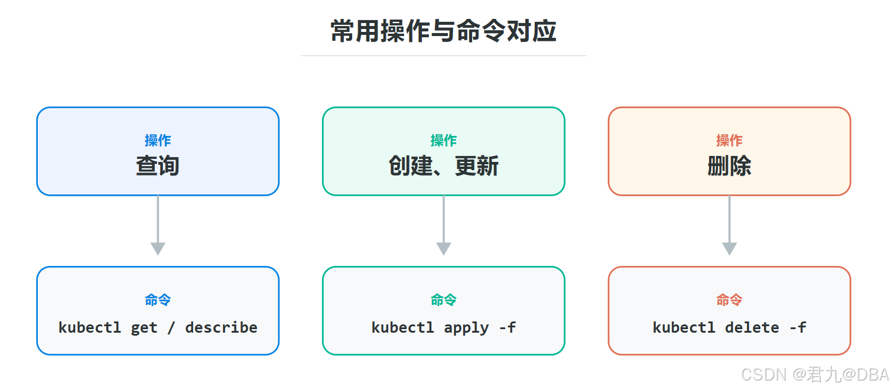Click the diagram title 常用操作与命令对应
[x=444, y=31]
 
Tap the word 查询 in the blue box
[x=158, y=165]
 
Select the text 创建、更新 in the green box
[x=444, y=165]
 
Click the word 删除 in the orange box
[x=729, y=165]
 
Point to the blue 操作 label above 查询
[x=158, y=141]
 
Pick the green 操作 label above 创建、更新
[x=444, y=141]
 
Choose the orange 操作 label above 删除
[x=729, y=141]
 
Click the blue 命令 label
[x=158, y=300]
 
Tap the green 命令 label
[x=444, y=300]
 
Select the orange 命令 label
[x=729, y=300]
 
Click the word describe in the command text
[x=221, y=327]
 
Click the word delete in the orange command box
[x=752, y=327]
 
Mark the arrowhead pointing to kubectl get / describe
[x=158, y=248]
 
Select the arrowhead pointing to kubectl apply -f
[x=444, y=248]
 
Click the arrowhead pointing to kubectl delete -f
[x=729, y=248]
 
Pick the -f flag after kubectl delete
[x=798, y=327]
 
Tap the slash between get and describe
[x=171, y=328]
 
